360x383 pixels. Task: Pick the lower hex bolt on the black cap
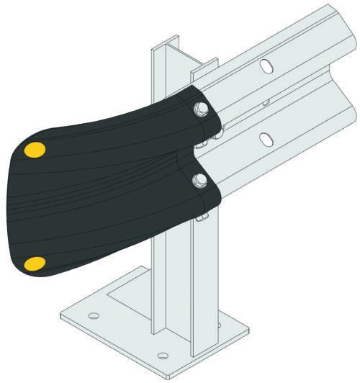coord(200,179)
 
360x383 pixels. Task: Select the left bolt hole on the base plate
coord(93,315)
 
